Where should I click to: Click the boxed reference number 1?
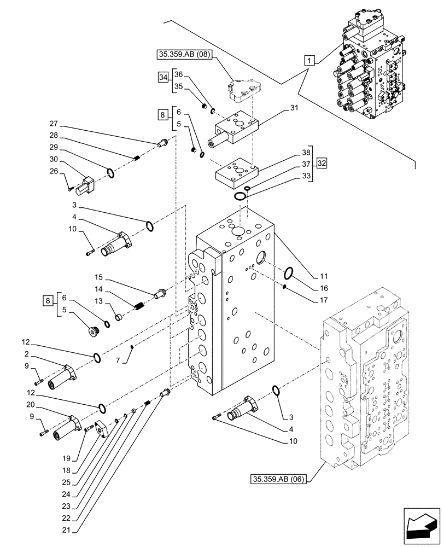point(309,61)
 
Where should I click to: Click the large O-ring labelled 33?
point(240,196)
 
